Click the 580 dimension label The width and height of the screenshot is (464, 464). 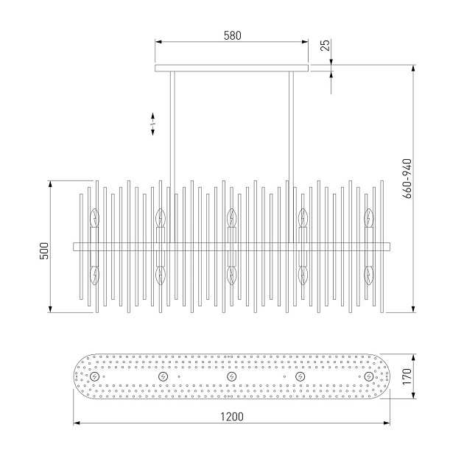point(232,35)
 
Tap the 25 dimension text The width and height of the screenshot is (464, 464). point(326,45)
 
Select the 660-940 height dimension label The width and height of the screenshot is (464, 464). point(407,178)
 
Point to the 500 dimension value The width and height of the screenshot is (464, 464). point(43,250)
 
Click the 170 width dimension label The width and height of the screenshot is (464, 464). point(407,376)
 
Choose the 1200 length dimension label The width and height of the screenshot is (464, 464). point(232,417)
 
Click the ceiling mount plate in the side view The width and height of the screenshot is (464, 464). point(232,68)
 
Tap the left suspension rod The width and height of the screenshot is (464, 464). point(172,157)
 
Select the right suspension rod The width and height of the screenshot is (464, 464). point(291,157)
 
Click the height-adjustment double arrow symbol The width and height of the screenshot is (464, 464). point(153,124)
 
